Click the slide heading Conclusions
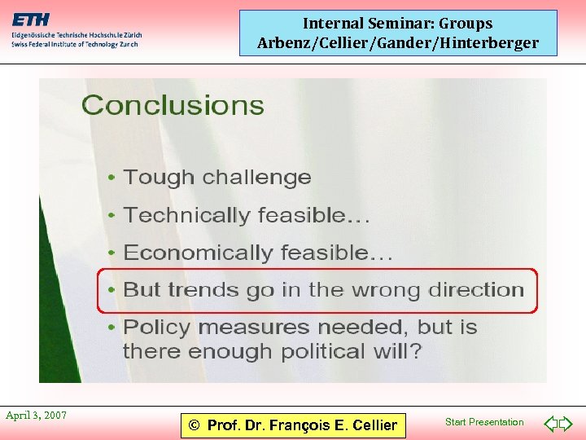(173, 106)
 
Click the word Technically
(176, 216)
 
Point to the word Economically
(186, 253)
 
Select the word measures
(251, 328)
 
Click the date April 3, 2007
(36, 416)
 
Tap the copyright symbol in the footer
(193, 425)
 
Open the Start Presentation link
(484, 422)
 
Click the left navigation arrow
(550, 424)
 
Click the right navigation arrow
(566, 424)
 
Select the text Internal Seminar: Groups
(398, 24)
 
